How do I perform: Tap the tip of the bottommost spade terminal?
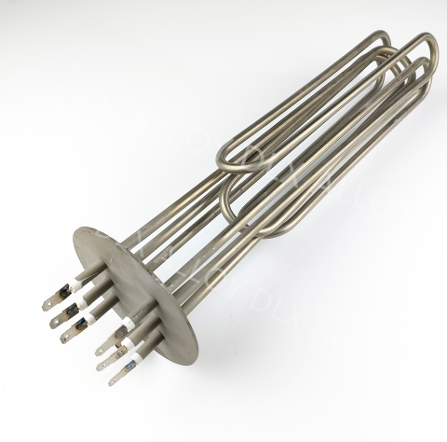click(113, 380)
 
